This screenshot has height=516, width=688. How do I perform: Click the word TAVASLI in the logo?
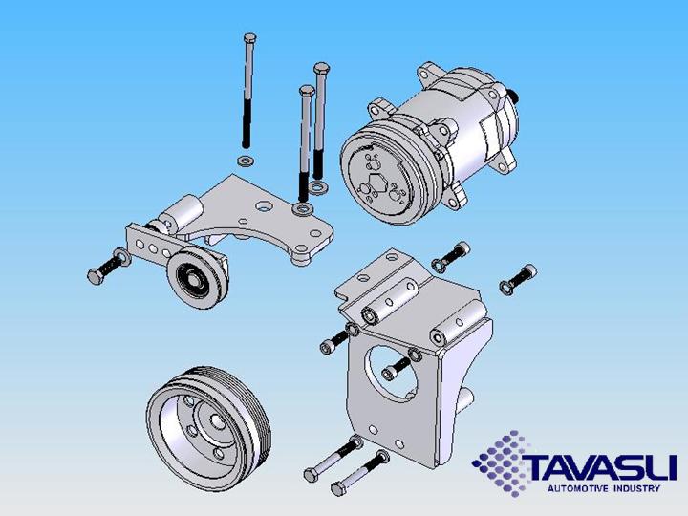pyautogui.click(x=599, y=468)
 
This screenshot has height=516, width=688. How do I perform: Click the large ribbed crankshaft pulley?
pyautogui.click(x=209, y=429)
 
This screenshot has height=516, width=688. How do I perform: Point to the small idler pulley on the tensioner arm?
pyautogui.click(x=198, y=277)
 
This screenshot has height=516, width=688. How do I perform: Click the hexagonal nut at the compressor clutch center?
pyautogui.click(x=377, y=185)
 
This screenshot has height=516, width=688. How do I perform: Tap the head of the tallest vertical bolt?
pyautogui.click(x=249, y=37)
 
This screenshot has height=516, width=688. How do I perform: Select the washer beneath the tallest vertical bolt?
pyautogui.click(x=246, y=161)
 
